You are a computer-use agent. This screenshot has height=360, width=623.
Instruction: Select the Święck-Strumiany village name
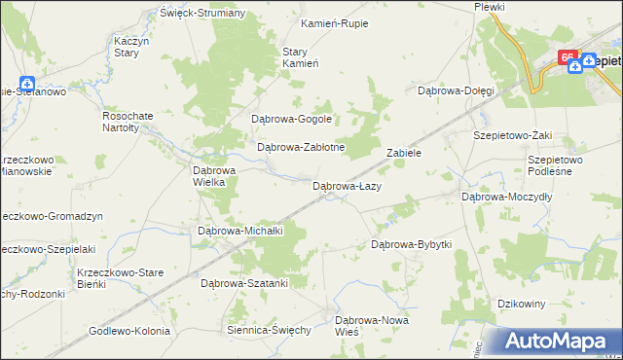[x=203, y=15]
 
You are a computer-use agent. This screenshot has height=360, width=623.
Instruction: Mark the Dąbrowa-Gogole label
[x=292, y=120]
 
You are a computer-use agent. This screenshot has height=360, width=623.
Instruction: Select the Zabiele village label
[x=403, y=154]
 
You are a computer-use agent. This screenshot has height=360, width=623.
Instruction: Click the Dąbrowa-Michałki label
[x=239, y=231]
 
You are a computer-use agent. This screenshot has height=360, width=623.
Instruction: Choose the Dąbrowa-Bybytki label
[x=412, y=244]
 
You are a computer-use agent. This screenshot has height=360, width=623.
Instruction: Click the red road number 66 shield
[x=567, y=58]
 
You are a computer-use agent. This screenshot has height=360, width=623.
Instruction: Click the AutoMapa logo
[x=559, y=341]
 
